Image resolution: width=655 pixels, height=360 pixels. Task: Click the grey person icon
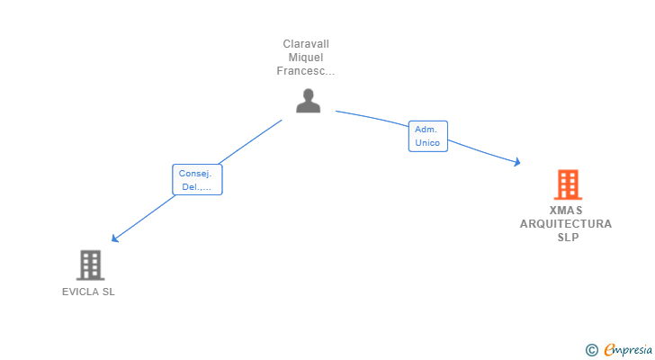[x=308, y=101]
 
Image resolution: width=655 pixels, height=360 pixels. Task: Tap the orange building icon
[x=567, y=184]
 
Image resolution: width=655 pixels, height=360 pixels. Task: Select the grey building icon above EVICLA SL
[x=89, y=265]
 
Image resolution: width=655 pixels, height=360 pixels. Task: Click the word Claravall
[x=306, y=44]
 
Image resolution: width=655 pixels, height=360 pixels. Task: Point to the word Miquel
[x=306, y=58]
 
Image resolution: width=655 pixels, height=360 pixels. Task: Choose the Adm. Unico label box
[x=427, y=136]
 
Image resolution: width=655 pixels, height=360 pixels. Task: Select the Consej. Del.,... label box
[x=197, y=180]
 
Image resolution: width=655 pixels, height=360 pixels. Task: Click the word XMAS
[x=566, y=211]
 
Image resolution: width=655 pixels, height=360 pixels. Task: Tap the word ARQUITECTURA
[x=566, y=224]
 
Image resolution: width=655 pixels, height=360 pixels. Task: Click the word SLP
[x=567, y=238]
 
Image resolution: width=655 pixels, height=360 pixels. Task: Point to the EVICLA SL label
[x=88, y=292]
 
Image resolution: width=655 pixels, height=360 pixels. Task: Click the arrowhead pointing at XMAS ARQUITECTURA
[x=517, y=163]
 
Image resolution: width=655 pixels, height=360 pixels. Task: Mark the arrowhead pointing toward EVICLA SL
[x=114, y=238]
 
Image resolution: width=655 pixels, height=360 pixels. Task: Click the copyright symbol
[x=591, y=349]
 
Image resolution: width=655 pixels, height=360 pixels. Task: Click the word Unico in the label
[x=427, y=143]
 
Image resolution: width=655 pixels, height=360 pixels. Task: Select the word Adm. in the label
[x=426, y=130]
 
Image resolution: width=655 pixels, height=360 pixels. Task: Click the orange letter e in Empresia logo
[x=609, y=349]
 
